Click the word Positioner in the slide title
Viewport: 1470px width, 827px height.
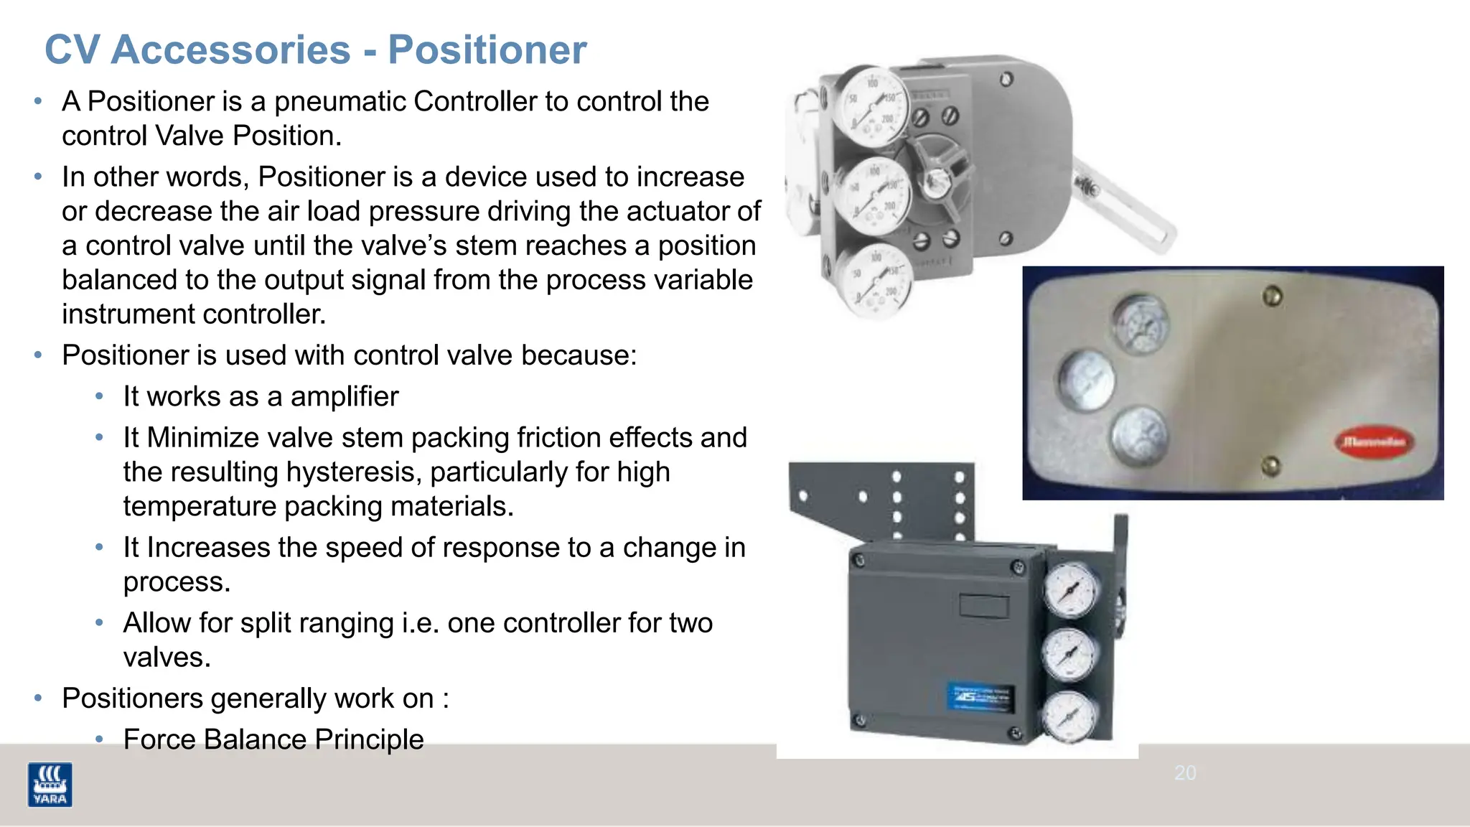[487, 50]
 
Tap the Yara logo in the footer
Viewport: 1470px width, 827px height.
[50, 784]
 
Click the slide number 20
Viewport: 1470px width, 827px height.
[1185, 773]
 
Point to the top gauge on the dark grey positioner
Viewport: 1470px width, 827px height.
[1070, 590]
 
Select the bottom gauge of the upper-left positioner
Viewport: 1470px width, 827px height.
[875, 280]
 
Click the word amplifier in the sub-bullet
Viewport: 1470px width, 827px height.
[345, 396]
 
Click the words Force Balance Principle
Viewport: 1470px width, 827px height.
[273, 739]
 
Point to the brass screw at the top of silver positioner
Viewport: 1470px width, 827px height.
[1273, 295]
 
